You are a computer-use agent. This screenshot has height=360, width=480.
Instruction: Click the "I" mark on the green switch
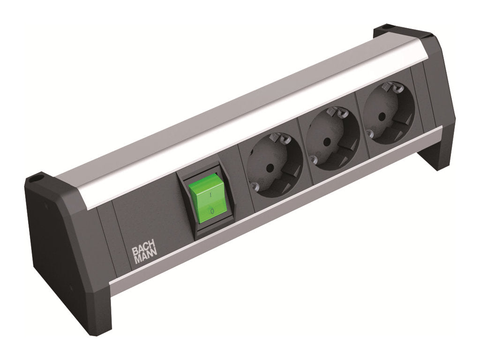pos(210,195)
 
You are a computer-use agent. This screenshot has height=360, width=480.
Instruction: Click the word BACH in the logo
pos(144,251)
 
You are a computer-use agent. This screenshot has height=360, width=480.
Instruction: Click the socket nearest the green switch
pos(275,165)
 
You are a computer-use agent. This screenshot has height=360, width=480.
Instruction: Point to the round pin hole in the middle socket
pos(327,142)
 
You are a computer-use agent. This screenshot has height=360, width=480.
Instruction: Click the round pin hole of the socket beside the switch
pos(270,168)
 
